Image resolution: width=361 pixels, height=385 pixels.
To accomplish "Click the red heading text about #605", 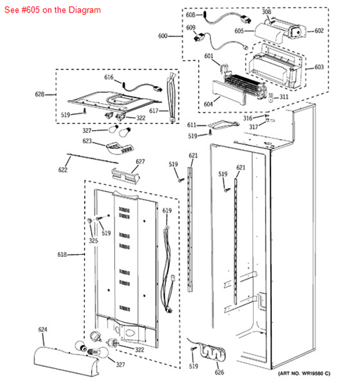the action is tap(53, 10).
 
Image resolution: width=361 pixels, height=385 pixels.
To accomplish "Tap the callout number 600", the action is tap(163, 36).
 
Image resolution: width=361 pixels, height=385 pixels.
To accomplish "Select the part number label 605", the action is tap(239, 31).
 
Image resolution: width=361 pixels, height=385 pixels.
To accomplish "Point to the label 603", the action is tap(319, 67).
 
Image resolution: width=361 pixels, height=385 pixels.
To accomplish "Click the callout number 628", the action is tap(39, 94).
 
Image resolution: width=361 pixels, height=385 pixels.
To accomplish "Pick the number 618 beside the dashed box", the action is tap(62, 255).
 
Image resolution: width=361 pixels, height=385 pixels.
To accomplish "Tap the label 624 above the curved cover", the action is tap(43, 330).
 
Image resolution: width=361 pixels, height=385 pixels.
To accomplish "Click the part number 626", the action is tap(219, 372).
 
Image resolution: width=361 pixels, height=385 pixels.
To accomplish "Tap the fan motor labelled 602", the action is tap(297, 32).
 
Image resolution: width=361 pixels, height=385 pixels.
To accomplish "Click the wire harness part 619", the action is tap(167, 270).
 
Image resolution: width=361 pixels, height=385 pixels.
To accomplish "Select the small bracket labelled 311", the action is tap(271, 97).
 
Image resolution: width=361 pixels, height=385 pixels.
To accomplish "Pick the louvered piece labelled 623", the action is tap(120, 148).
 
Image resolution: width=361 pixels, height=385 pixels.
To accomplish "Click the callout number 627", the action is tap(140, 162).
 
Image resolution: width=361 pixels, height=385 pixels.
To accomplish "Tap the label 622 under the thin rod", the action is tap(62, 169).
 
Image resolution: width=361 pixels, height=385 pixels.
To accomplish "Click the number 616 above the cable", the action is tap(109, 77).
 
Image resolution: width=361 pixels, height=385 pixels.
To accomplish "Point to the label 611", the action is tap(191, 125).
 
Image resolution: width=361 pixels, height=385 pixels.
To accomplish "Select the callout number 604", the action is tap(208, 104).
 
